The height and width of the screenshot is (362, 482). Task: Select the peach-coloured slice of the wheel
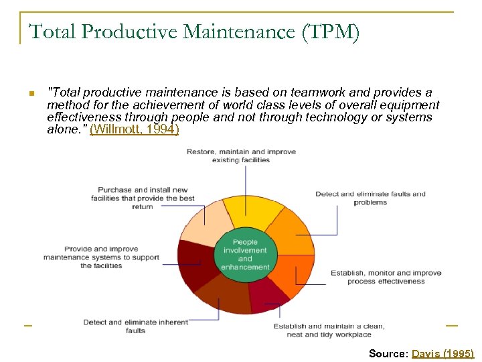click(206, 225)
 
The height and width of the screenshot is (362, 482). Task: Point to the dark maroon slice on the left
click(194, 265)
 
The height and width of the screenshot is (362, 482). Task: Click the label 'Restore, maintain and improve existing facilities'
click(241, 156)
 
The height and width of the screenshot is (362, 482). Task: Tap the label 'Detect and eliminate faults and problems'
click(370, 198)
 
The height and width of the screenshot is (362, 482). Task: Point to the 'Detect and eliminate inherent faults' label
click(135, 326)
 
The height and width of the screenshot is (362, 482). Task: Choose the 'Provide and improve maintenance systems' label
click(102, 257)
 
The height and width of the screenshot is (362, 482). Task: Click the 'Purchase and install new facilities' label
click(143, 198)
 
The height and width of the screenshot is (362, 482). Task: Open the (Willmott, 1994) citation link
click(135, 129)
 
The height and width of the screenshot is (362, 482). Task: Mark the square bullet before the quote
click(31, 93)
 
